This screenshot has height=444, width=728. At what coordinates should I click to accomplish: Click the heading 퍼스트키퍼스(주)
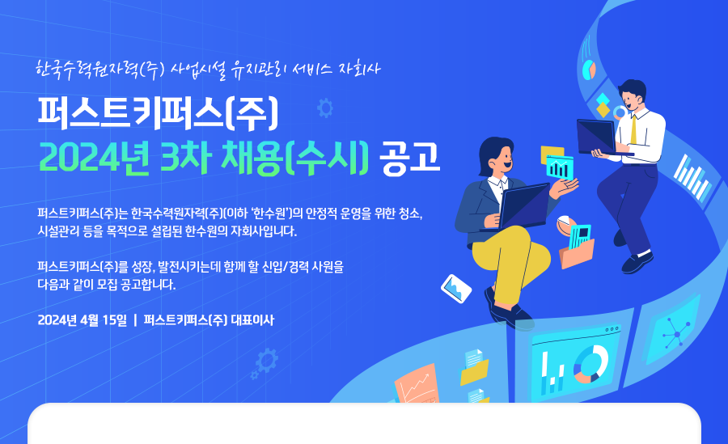coord(158,113)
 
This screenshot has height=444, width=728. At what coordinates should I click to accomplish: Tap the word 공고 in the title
coord(409,158)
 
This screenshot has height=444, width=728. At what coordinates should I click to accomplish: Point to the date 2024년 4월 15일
coord(83,320)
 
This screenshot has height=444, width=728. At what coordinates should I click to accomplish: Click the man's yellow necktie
coord(633,129)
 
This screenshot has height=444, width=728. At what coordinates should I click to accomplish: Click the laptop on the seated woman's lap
coord(521,207)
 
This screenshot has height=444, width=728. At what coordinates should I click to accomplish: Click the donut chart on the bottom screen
coord(590,365)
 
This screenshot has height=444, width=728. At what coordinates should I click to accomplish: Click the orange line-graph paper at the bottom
coord(417,385)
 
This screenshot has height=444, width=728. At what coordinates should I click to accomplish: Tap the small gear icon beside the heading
coord(325,108)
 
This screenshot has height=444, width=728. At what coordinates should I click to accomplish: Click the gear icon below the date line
coord(266,361)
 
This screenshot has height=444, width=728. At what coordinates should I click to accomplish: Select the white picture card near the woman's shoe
coord(456,289)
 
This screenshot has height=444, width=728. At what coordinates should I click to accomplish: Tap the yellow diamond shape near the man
coord(603,110)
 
